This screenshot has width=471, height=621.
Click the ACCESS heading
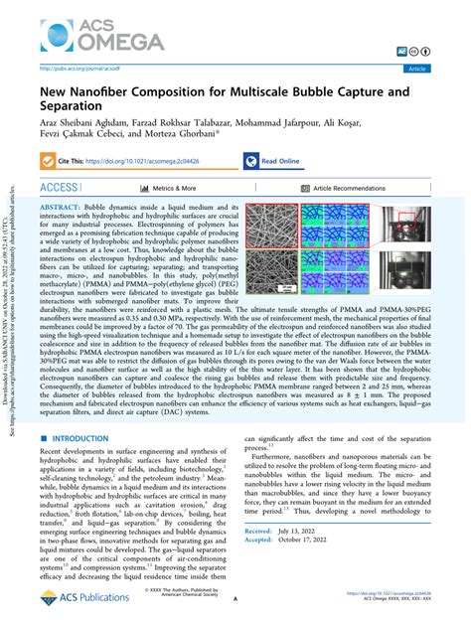point(67,187)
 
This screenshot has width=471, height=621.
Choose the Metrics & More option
point(163,188)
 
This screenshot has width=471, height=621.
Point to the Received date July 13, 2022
point(332,559)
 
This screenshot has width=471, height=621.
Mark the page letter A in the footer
point(235,600)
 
